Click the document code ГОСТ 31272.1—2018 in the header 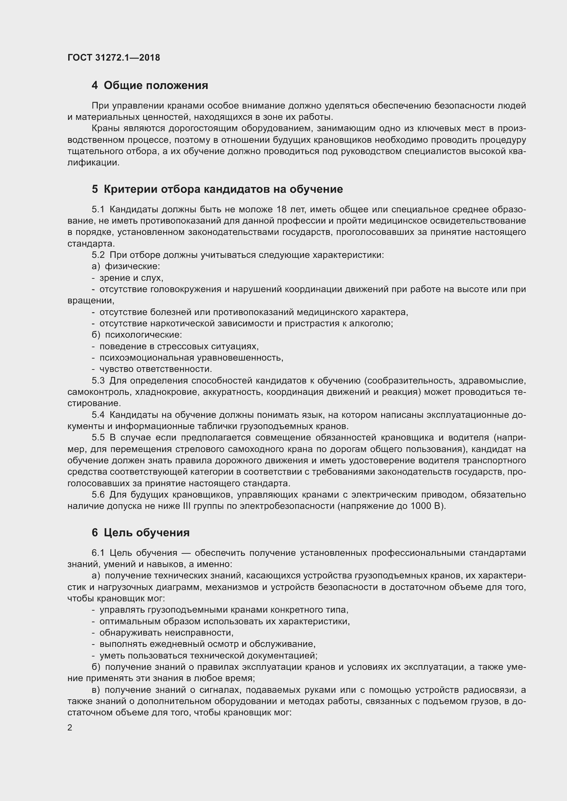coord(114,58)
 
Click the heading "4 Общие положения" coord(150,85)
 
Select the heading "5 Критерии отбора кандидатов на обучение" coord(217,189)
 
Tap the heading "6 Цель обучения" coord(141,533)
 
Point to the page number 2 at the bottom coord(70,727)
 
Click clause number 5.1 coord(98,209)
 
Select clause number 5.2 coord(98,255)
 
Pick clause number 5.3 coord(98,380)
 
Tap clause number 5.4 coord(98,415)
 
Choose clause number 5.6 coord(98,495)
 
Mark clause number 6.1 coord(98,553)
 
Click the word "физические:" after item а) coord(132,266)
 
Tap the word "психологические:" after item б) coord(144,335)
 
